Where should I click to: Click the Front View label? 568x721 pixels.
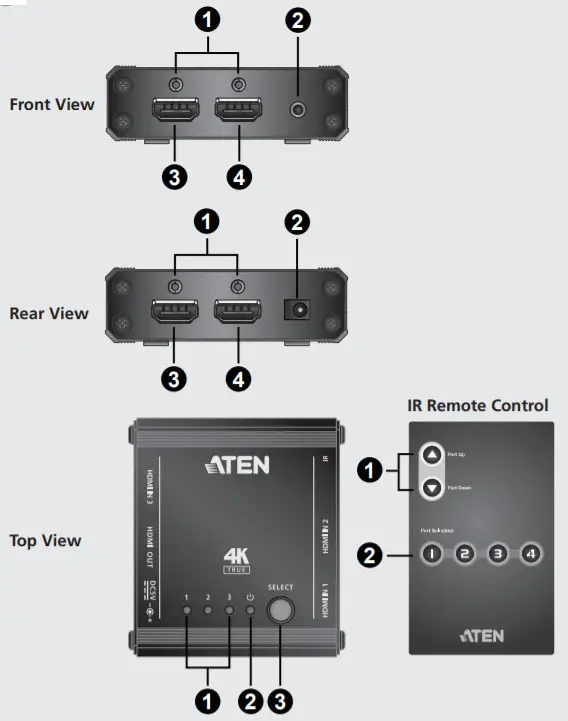pos(52,104)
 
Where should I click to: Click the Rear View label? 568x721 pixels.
pos(49,313)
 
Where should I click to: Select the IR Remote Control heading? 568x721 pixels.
pos(478,405)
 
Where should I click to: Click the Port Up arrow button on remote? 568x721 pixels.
pos(432,455)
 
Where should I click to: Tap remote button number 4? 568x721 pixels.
pos(530,553)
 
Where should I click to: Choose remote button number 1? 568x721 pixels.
pos(432,553)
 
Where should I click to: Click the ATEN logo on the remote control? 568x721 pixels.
pos(481,635)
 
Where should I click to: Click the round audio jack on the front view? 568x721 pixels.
pos(297,110)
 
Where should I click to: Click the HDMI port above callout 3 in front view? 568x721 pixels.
pos(173,110)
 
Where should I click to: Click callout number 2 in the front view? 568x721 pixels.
pos(297,19)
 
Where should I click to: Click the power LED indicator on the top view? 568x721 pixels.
pos(250,608)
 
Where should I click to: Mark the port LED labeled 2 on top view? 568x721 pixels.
pos(208,608)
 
